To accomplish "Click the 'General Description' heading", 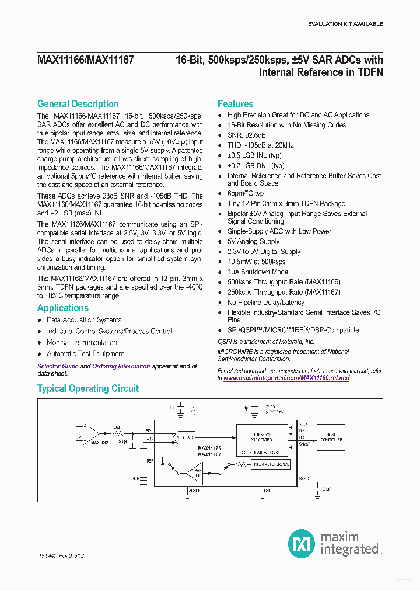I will (x=78, y=104).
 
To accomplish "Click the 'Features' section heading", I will (x=235, y=104).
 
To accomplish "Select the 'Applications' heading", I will (x=63, y=308).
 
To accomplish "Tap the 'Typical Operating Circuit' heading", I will (x=88, y=388).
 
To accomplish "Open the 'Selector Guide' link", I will (x=57, y=366).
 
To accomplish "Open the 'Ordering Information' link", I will (x=121, y=366).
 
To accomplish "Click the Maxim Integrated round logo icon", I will (x=302, y=544).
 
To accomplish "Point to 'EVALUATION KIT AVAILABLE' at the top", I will (x=345, y=24).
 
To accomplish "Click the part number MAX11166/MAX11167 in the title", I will (x=85, y=60).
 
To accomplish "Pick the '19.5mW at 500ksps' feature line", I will (x=256, y=262).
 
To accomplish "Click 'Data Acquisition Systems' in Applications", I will (x=84, y=320).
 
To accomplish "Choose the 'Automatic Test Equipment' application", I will (x=85, y=354).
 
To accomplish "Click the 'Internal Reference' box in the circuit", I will (x=271, y=464).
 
